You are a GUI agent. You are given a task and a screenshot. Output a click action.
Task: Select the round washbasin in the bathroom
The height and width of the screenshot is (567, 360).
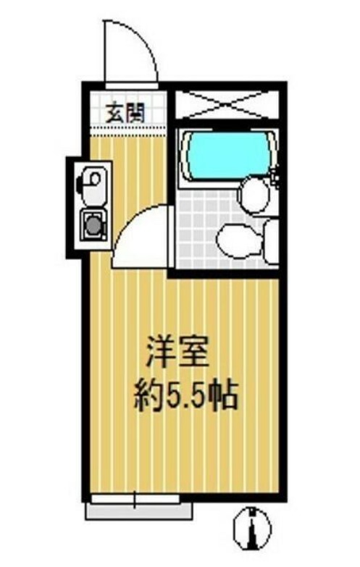(x=255, y=194)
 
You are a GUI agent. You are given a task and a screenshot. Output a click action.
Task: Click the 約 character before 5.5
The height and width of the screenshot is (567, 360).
(x=149, y=396)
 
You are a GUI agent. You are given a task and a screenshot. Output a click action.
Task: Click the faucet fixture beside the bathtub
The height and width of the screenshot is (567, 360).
(x=275, y=174)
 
